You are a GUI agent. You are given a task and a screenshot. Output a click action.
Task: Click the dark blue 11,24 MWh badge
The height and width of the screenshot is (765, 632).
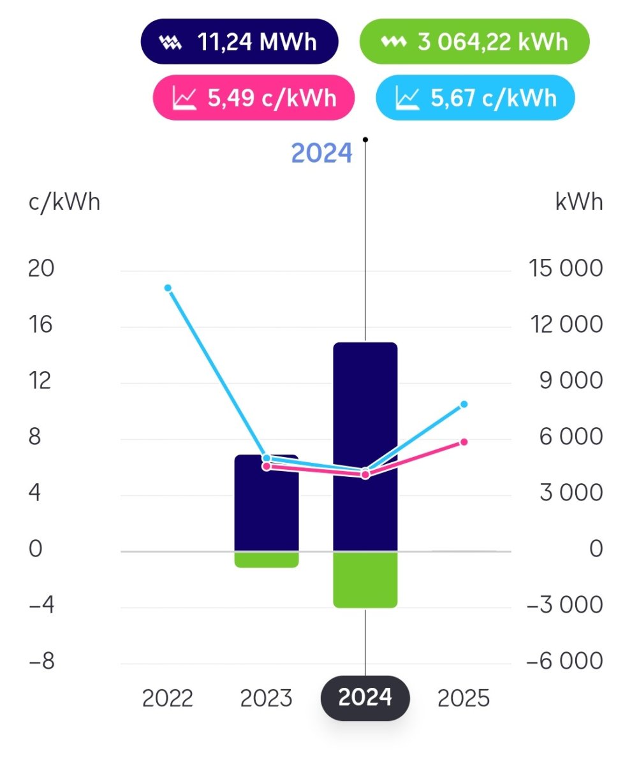pyautogui.click(x=239, y=41)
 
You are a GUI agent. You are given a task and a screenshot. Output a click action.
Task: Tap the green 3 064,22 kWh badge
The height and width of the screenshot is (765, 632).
pyautogui.click(x=474, y=41)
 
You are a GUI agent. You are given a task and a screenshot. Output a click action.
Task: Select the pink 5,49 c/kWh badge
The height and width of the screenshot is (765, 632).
pyautogui.click(x=253, y=98)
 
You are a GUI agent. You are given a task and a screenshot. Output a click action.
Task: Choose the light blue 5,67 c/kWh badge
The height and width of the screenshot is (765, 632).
pyautogui.click(x=475, y=98)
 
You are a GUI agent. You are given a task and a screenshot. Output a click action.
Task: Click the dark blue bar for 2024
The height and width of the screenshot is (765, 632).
pyautogui.click(x=365, y=408)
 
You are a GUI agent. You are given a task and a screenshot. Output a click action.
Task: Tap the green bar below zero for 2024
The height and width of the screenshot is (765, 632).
pyautogui.click(x=365, y=579)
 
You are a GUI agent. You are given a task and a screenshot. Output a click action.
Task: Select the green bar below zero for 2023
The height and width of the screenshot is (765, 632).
pyautogui.click(x=267, y=559)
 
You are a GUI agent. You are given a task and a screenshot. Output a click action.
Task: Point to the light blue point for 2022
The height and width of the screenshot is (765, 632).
pyautogui.click(x=168, y=288)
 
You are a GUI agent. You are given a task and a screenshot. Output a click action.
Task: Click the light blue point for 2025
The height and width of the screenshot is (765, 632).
pyautogui.click(x=464, y=404)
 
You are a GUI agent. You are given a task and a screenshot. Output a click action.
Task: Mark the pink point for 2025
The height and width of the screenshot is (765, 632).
pyautogui.click(x=464, y=442)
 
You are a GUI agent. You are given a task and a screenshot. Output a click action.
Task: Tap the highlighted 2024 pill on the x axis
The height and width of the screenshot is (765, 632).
pyautogui.click(x=365, y=698)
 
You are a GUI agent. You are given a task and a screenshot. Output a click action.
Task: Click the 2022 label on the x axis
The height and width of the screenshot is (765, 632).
pyautogui.click(x=168, y=698)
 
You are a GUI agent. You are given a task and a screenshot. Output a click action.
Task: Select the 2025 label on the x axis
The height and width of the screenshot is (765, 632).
pyautogui.click(x=464, y=698)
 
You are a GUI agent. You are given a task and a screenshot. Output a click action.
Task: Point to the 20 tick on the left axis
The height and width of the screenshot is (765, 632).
pyautogui.click(x=41, y=268)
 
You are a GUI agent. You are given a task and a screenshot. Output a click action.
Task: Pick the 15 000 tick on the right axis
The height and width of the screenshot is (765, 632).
pyautogui.click(x=564, y=268)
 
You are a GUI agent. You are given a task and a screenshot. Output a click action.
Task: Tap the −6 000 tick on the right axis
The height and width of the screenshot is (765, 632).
pyautogui.click(x=564, y=661)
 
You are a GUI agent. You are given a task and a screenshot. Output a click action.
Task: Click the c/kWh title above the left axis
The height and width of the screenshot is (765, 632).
pyautogui.click(x=64, y=202)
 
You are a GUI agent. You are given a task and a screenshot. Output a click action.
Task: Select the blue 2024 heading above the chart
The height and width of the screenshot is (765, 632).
pyautogui.click(x=321, y=154)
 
